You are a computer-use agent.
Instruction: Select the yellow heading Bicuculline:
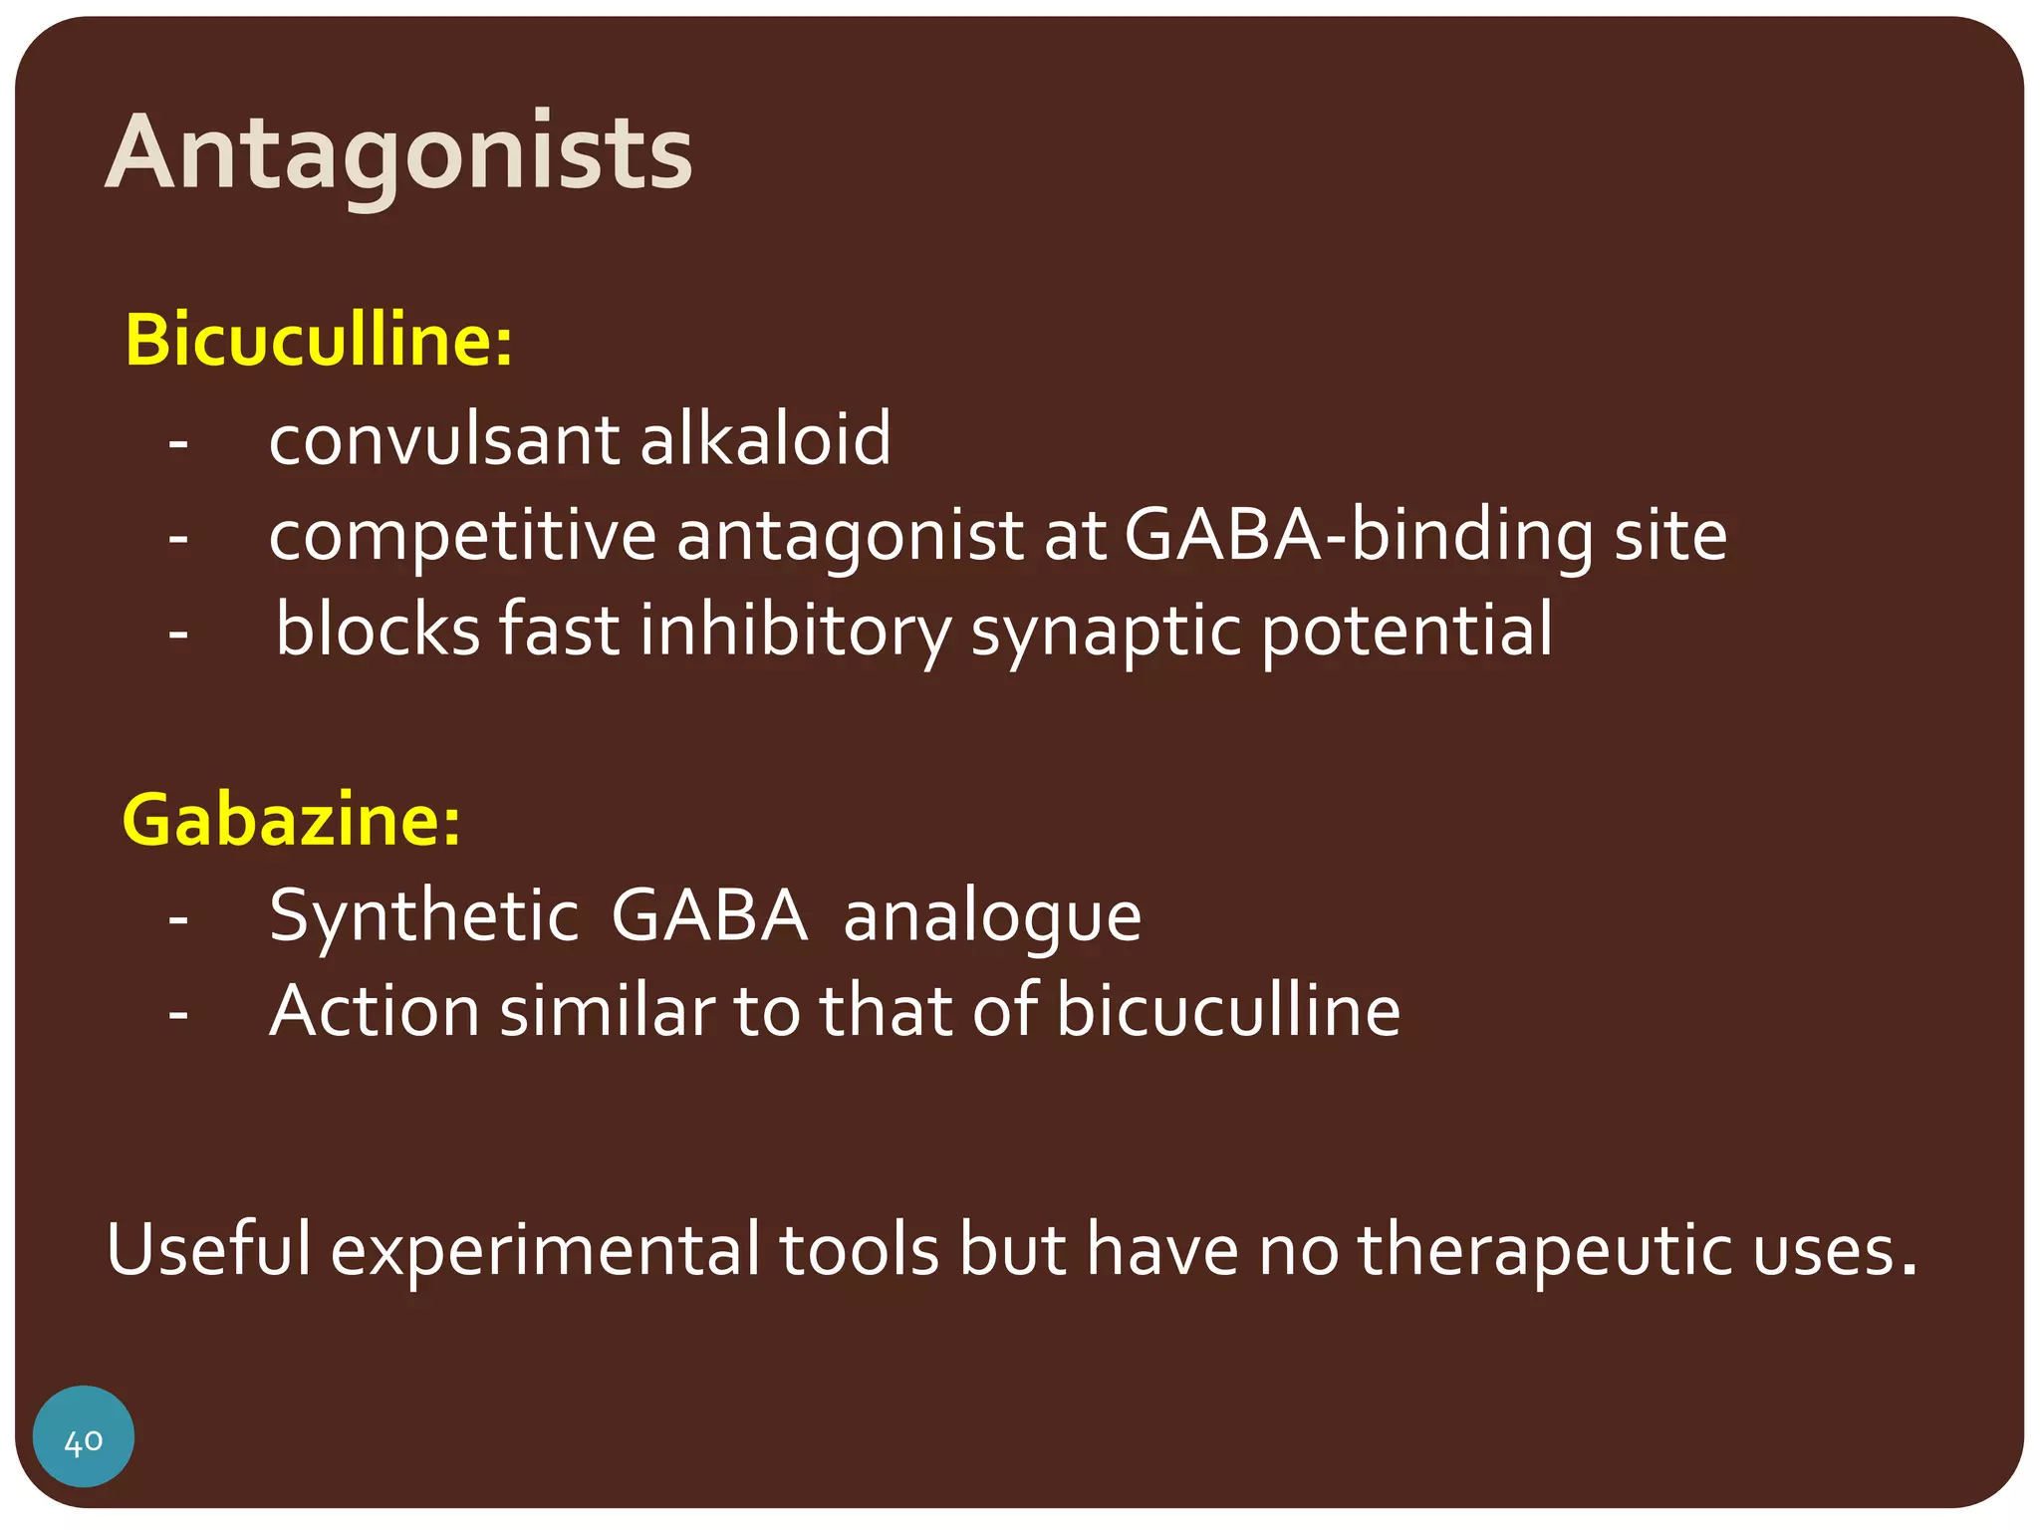[x=319, y=341]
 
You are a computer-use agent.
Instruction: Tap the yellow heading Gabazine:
[x=291, y=820]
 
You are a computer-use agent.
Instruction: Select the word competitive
[x=462, y=536]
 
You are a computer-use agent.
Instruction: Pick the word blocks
[x=379, y=630]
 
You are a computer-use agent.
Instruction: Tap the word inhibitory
[x=795, y=632]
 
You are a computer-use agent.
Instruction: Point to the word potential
[x=1406, y=630]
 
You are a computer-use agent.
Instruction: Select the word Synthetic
[x=424, y=915]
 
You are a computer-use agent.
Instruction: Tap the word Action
[x=375, y=1011]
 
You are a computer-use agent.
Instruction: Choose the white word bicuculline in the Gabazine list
[x=1227, y=1011]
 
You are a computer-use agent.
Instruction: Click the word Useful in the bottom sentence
[x=209, y=1249]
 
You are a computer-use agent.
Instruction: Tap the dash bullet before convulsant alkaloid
[x=178, y=441]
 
